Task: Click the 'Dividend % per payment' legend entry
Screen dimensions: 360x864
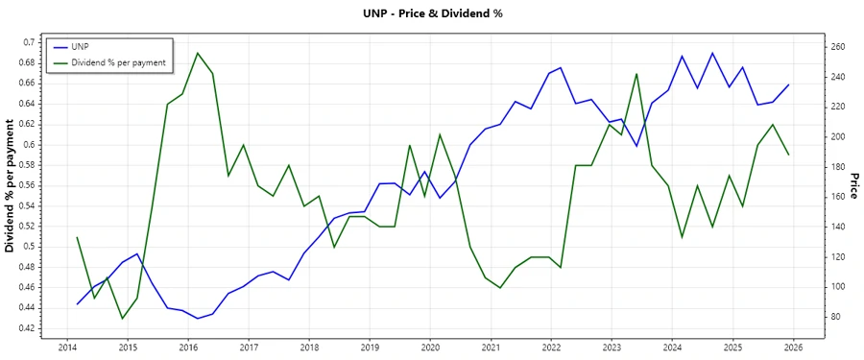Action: click(x=119, y=61)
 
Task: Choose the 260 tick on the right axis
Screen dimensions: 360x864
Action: click(x=836, y=47)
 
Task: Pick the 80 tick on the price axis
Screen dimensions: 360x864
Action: click(x=833, y=317)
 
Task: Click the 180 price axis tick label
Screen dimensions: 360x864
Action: click(x=836, y=167)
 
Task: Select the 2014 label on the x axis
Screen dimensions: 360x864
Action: click(x=67, y=347)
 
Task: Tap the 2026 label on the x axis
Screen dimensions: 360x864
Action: click(x=793, y=347)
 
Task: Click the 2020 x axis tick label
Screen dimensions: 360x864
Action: click(x=430, y=347)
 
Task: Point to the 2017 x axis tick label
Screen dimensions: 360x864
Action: click(x=249, y=347)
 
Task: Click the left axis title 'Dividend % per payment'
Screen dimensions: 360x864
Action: click(x=11, y=185)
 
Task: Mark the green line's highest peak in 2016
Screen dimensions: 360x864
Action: click(x=198, y=53)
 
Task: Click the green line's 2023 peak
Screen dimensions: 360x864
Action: click(x=636, y=73)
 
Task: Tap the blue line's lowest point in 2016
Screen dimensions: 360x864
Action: click(x=198, y=318)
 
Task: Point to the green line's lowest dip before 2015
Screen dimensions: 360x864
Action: click(x=122, y=318)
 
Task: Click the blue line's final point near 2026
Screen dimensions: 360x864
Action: click(x=788, y=84)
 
